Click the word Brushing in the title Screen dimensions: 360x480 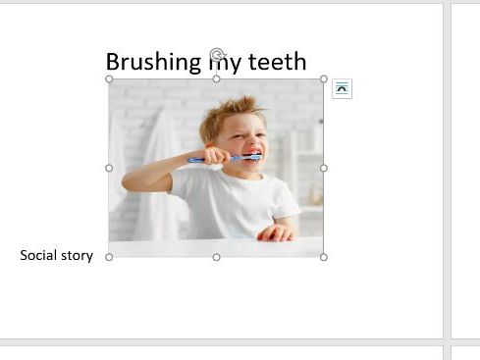click(152, 63)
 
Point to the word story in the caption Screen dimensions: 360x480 click(78, 256)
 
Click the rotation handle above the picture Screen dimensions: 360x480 click(217, 55)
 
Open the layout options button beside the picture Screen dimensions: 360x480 click(342, 89)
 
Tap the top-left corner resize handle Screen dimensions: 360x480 click(109, 79)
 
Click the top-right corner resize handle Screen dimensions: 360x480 click(324, 79)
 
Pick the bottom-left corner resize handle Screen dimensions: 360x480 click(109, 257)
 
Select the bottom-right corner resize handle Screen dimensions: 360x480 click(324, 257)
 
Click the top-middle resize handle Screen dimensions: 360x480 click(216, 79)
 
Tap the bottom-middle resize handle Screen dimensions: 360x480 click(216, 257)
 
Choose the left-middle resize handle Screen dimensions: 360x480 click(109, 168)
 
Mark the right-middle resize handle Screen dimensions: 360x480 click(324, 168)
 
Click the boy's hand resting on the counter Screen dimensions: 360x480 click(276, 232)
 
